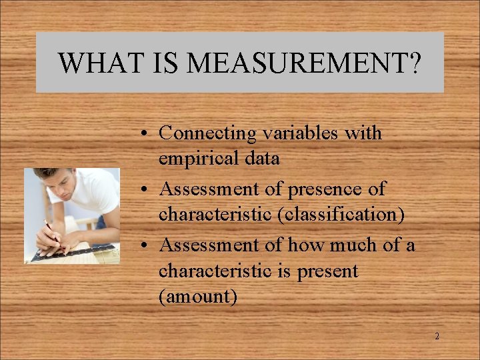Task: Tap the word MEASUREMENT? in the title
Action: pyautogui.click(x=304, y=63)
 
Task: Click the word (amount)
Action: pyautogui.click(x=197, y=297)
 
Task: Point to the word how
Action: pyautogui.click(x=303, y=245)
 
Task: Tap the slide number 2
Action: pyautogui.click(x=437, y=337)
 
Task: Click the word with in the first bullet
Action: pyautogui.click(x=363, y=133)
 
